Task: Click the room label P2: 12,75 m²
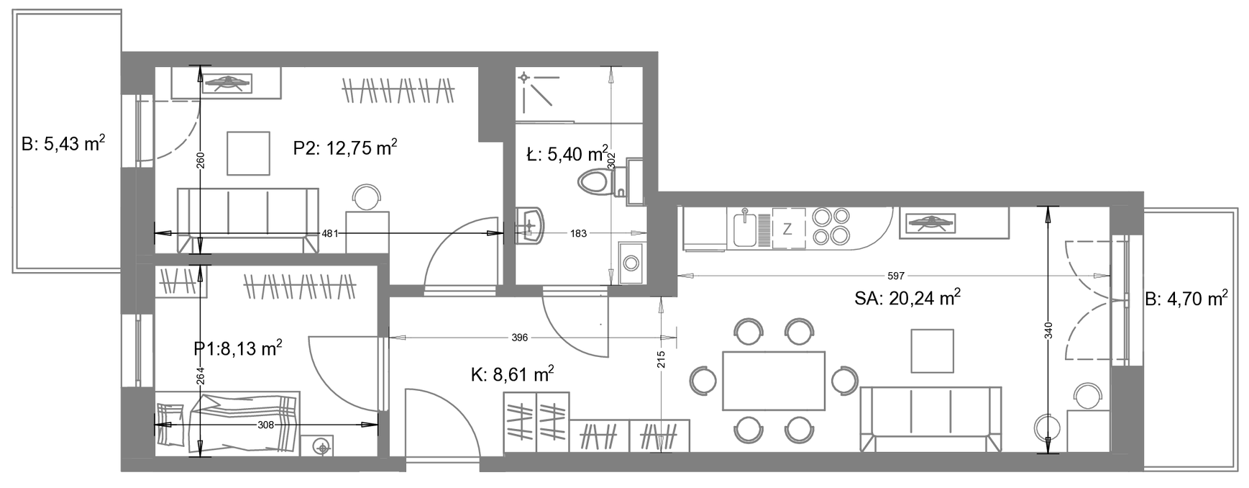[x=345, y=148]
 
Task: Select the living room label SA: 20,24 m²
[x=908, y=297]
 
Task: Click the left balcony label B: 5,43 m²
[x=63, y=144]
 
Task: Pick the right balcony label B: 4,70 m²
[x=1186, y=298]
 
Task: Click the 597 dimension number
[x=896, y=276]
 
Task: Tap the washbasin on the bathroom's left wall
[x=530, y=225]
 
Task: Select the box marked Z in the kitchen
[x=788, y=229]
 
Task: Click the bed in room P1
[x=227, y=423]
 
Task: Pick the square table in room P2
[x=248, y=153]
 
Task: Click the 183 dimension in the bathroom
[x=578, y=233]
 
